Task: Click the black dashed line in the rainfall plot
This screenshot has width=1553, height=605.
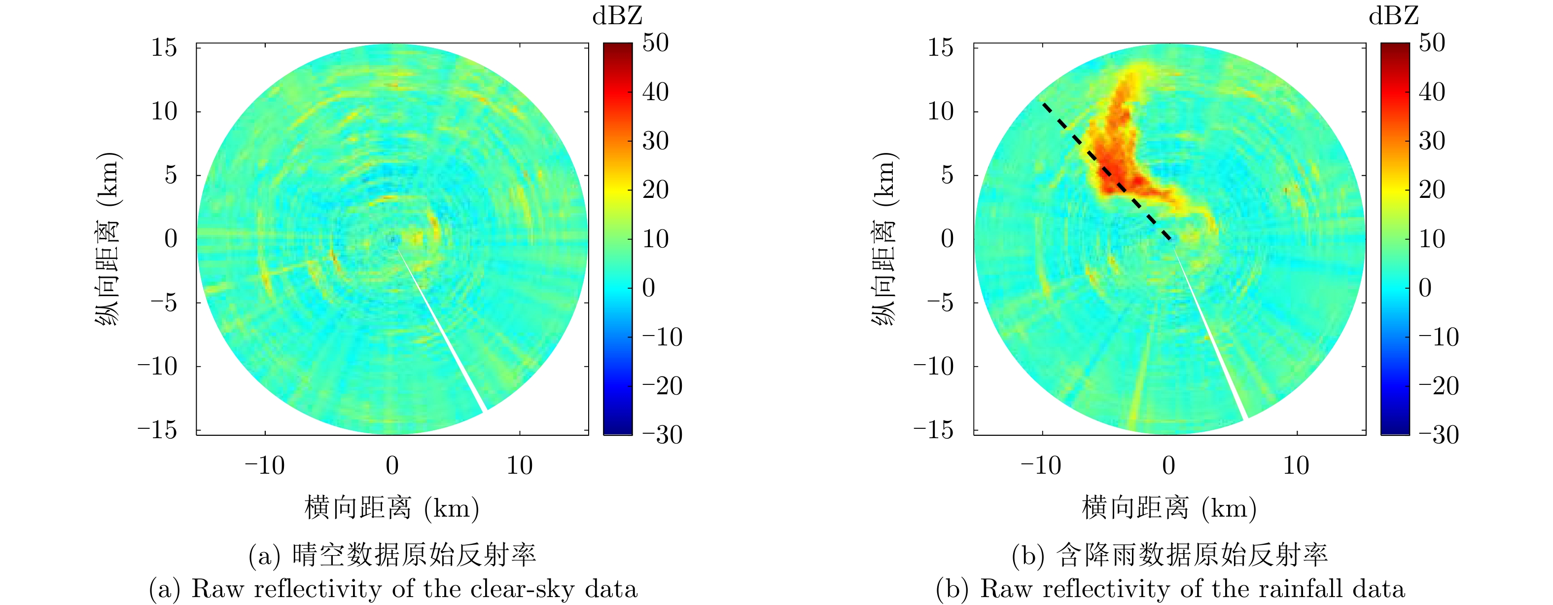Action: [1106, 172]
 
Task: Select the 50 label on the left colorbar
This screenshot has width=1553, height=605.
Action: [655, 43]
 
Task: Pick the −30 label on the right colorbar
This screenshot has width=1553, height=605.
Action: [1439, 434]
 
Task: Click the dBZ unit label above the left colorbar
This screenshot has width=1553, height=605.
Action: [617, 16]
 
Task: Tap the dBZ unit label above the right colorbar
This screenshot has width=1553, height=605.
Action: [1394, 16]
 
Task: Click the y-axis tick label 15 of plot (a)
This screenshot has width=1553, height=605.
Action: [164, 48]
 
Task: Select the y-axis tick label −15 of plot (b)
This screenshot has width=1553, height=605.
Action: [933, 430]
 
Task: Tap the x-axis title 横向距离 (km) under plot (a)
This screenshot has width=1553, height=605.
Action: [392, 508]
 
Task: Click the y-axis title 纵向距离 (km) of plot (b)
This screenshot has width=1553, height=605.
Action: [885, 239]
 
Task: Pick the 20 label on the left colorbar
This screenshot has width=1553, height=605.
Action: [655, 190]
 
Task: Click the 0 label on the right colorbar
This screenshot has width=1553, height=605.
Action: [1425, 288]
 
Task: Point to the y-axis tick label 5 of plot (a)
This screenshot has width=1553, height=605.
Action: [171, 175]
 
